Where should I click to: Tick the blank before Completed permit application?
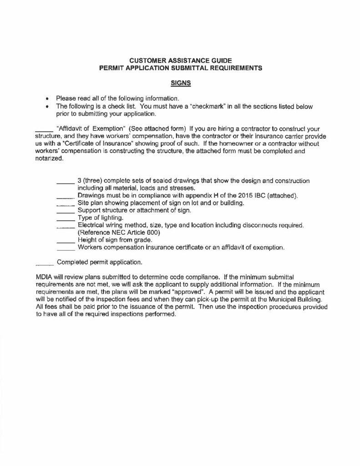[45, 263]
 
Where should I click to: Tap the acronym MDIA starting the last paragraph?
[44, 278]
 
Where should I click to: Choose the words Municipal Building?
[296, 300]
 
